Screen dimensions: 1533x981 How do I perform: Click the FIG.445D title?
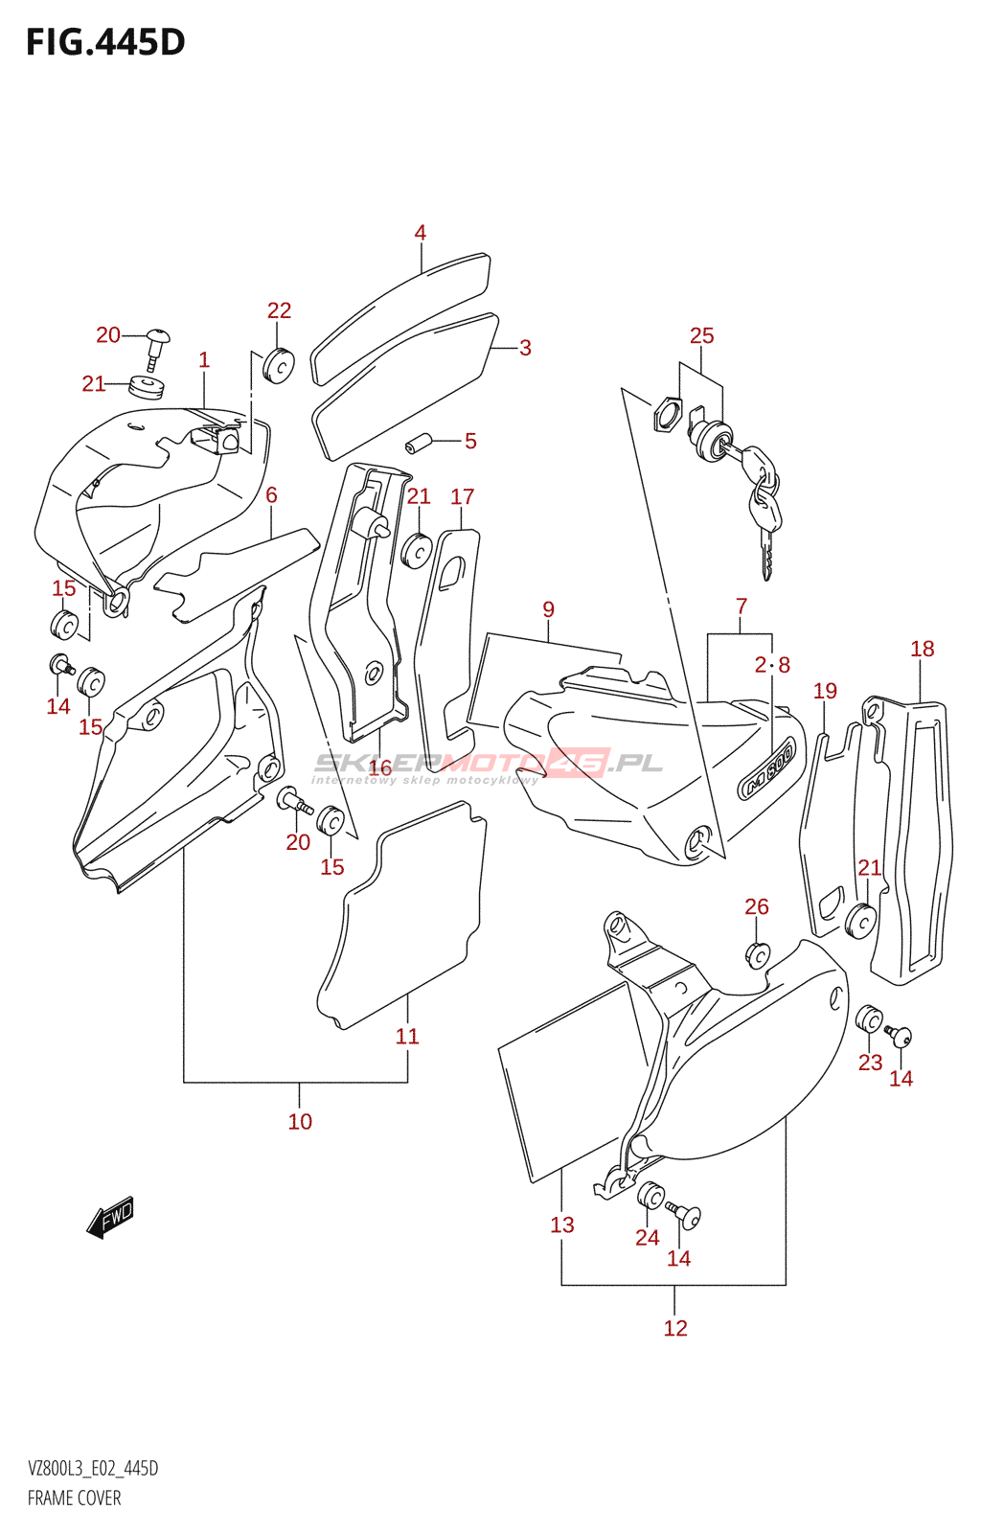click(105, 42)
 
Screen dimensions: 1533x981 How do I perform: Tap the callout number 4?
click(420, 233)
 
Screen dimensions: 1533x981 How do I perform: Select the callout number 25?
click(701, 336)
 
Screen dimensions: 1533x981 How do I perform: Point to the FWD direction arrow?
click(110, 1217)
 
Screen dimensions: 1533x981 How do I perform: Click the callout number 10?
click(300, 1122)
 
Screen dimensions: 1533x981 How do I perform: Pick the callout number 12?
click(675, 1328)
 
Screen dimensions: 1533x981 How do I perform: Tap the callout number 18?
click(922, 650)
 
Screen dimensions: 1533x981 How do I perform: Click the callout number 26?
click(757, 906)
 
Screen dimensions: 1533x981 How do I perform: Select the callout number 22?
click(279, 310)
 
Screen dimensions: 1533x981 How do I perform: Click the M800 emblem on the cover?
click(766, 768)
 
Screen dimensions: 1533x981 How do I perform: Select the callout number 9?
click(548, 609)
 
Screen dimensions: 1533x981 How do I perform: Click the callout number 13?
click(562, 1225)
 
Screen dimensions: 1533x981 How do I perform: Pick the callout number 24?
click(648, 1238)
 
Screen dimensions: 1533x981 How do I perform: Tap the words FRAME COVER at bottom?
click(75, 1499)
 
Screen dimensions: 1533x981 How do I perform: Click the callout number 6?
click(271, 495)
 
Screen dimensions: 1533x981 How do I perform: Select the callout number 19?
click(825, 692)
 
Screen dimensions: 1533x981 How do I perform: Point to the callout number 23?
click(870, 1063)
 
